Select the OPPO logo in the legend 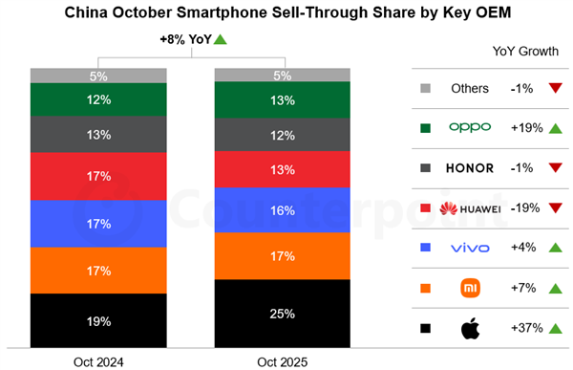469,128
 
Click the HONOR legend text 469,168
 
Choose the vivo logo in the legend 469,249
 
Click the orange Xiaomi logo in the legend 469,288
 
